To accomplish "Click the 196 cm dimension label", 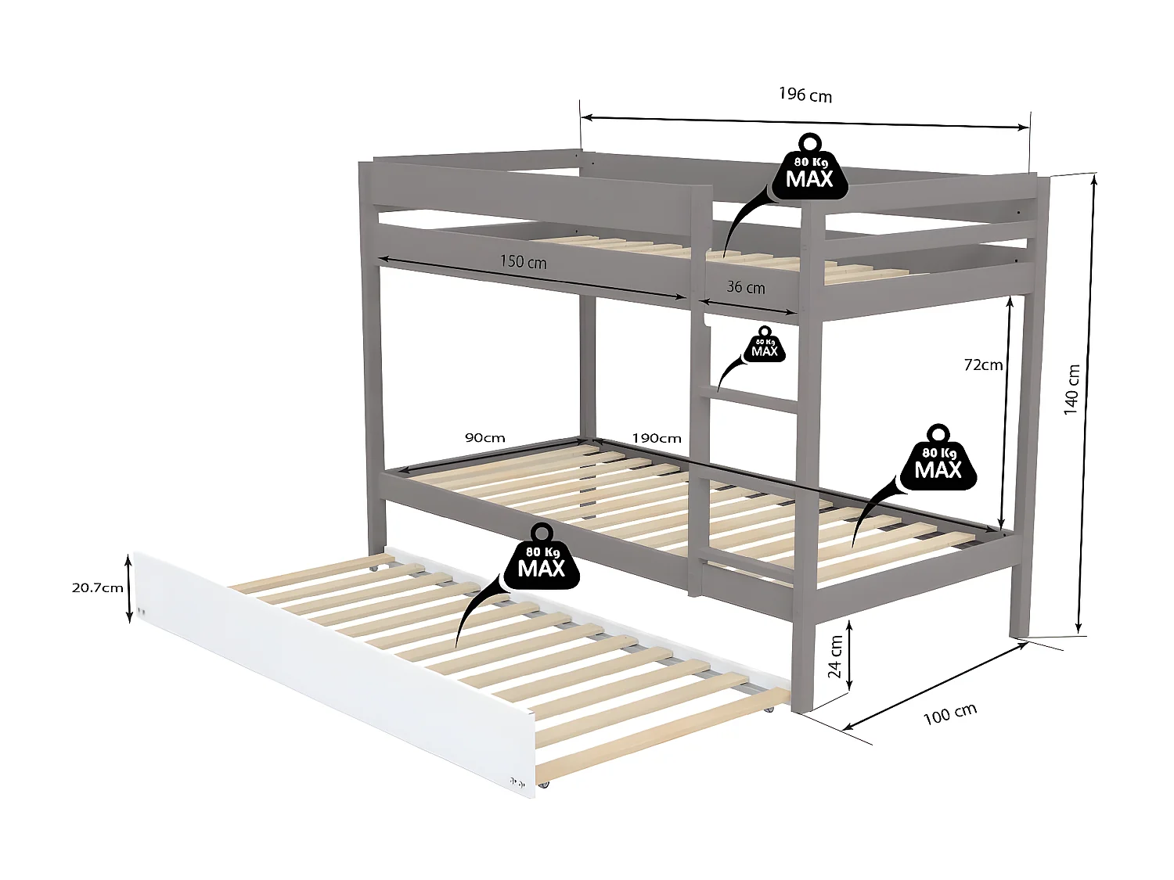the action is (805, 95).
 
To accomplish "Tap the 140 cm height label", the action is (1071, 390).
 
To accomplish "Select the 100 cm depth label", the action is (950, 714).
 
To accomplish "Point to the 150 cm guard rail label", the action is (523, 262).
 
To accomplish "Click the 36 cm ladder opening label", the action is (746, 287).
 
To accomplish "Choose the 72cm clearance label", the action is (983, 365).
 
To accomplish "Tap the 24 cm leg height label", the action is (835, 656).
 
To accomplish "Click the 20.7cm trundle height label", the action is (97, 588).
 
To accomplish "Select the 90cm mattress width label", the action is (484, 438).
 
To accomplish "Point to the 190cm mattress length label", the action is (656, 439).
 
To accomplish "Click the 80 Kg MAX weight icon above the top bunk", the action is (810, 167).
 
